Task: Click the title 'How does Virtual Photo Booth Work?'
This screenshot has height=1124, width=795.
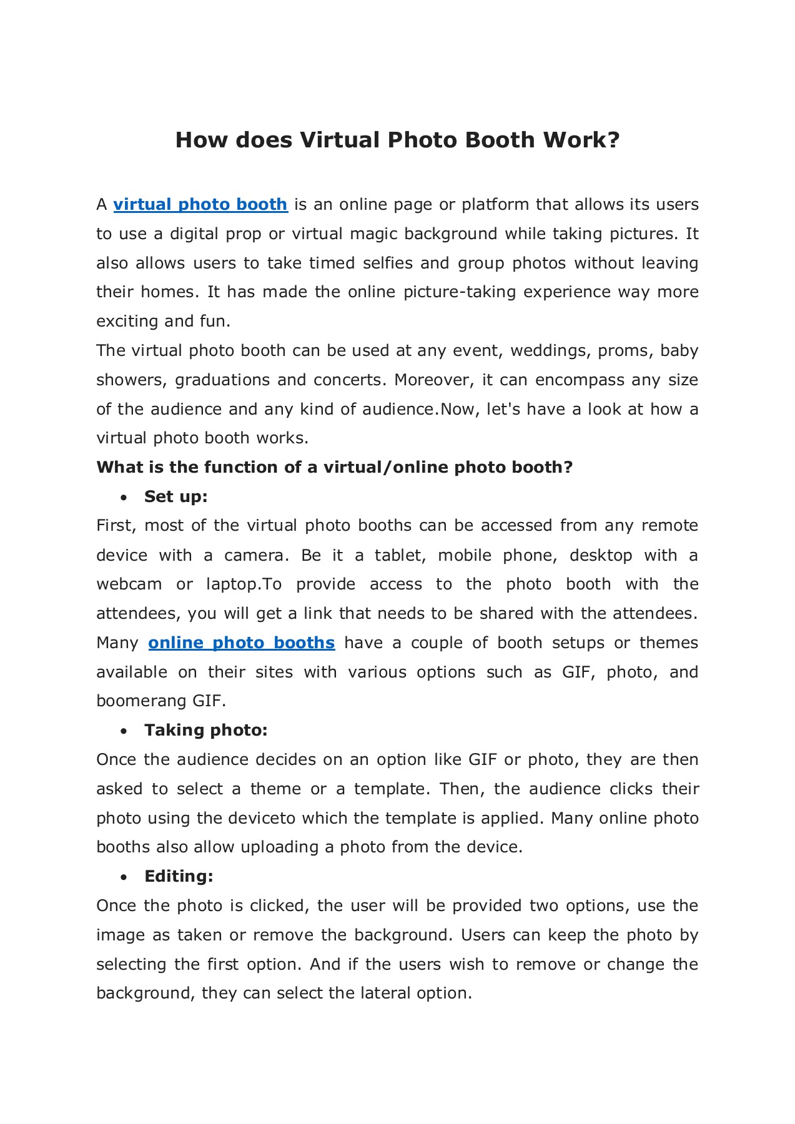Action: click(x=397, y=140)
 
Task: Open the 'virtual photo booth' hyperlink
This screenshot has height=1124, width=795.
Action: click(x=200, y=205)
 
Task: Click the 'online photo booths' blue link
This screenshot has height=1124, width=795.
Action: click(x=242, y=643)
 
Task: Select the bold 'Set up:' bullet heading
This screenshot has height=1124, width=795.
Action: click(x=175, y=497)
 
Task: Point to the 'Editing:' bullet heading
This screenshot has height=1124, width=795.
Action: click(x=179, y=877)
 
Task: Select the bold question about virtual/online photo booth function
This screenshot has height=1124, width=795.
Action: click(x=334, y=468)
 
